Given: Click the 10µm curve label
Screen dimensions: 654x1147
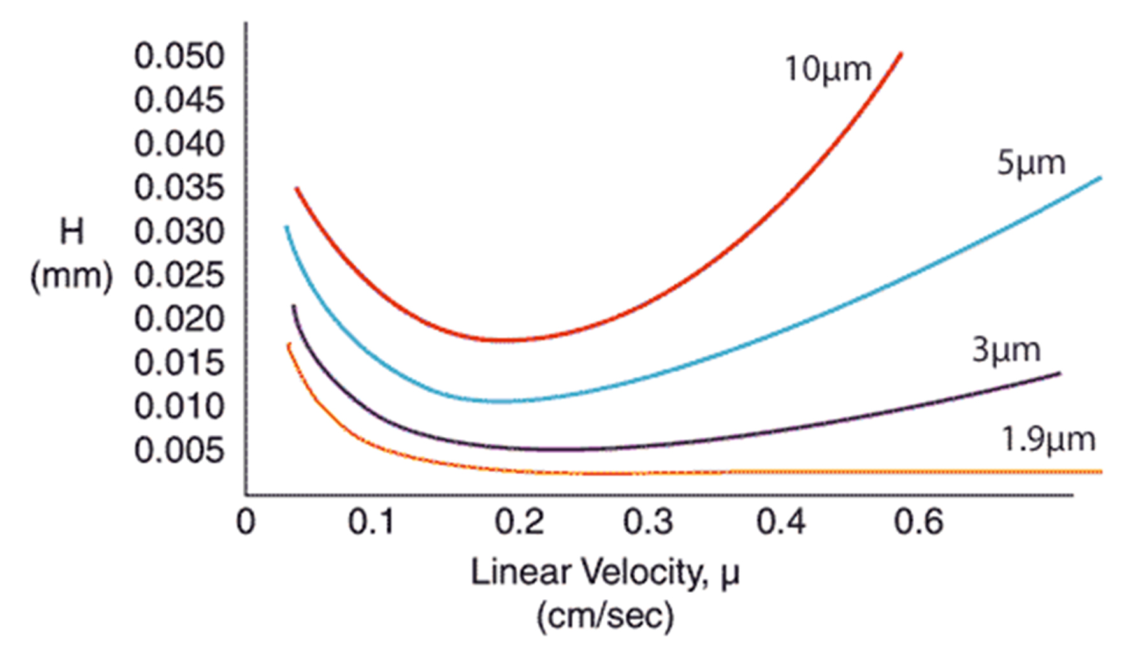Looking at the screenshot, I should click(827, 69).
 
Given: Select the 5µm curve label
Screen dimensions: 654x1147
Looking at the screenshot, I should click(1030, 163).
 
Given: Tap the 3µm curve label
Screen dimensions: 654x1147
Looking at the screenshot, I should click(1006, 350).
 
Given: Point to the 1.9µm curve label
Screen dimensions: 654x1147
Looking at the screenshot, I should click(1048, 440).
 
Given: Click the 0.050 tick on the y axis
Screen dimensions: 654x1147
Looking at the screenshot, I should click(179, 56).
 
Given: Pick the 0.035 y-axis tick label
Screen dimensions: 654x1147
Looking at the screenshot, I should click(179, 188).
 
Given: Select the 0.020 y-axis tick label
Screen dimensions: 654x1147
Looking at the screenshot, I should click(179, 319).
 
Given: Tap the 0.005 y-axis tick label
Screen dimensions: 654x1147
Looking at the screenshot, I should click(179, 451).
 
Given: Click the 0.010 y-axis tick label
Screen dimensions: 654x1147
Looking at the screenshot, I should click(179, 407).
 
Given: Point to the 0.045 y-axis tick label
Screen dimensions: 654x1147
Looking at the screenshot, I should click(179, 100).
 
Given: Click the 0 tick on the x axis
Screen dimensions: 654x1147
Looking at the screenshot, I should click(246, 522).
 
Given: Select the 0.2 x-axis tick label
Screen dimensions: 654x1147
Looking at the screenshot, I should click(519, 522).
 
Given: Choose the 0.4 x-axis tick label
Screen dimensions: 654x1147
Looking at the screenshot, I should click(781, 522).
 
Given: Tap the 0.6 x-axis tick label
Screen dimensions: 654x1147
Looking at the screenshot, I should click(918, 522).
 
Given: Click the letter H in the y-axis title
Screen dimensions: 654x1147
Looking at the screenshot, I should click(71, 232).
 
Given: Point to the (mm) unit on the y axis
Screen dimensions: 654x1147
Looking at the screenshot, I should click(71, 276).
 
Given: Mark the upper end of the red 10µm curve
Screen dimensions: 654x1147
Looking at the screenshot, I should click(900, 55).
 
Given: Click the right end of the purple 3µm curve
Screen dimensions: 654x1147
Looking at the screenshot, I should click(1059, 374).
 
